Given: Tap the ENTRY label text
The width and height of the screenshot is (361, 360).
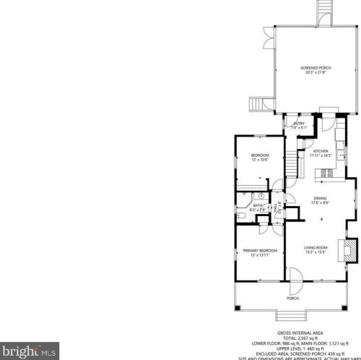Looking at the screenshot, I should tap(298, 124).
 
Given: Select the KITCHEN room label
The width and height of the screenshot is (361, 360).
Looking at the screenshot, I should tap(321, 150).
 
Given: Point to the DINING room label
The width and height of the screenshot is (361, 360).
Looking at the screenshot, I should tap(321, 198).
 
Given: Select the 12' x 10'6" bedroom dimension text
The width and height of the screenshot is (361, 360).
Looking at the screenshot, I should tap(260, 160).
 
